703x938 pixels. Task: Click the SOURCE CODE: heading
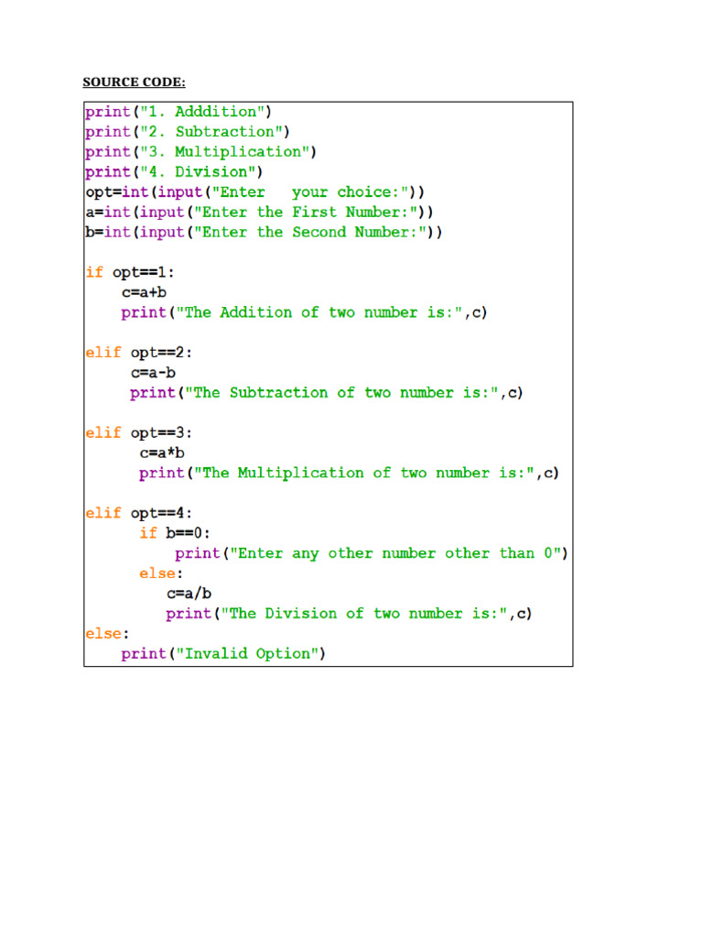click(134, 82)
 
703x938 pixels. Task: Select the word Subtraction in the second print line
click(225, 132)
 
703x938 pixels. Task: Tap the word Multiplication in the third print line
click(238, 153)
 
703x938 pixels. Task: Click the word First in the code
click(315, 213)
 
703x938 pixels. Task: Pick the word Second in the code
click(319, 232)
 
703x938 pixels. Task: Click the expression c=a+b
click(144, 292)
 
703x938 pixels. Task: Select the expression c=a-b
click(153, 373)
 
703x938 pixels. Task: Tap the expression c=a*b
click(162, 453)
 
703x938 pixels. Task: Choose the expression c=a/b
click(189, 594)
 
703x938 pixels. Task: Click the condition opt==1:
click(144, 273)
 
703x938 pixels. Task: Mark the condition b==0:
click(188, 533)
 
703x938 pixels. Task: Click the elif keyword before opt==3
click(103, 432)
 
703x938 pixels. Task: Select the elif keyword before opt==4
click(103, 513)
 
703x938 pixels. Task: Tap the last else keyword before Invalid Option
click(103, 634)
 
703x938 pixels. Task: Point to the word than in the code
click(516, 553)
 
